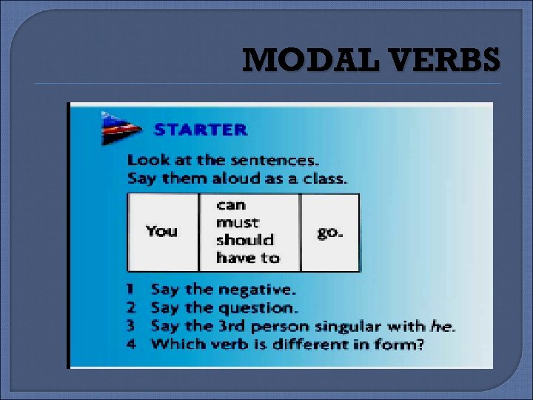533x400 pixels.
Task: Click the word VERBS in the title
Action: point(445,60)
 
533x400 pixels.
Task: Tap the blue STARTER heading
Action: point(200,130)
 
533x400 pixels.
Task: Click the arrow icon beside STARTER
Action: point(121,128)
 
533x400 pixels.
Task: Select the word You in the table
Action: point(161,231)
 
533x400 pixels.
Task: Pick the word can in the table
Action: point(230,204)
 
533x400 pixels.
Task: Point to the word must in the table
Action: point(237,222)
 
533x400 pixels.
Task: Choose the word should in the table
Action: point(244,240)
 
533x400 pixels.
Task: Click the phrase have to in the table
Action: point(247,258)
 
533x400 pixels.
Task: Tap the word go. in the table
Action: point(330,232)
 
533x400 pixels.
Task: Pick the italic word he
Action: point(443,326)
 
